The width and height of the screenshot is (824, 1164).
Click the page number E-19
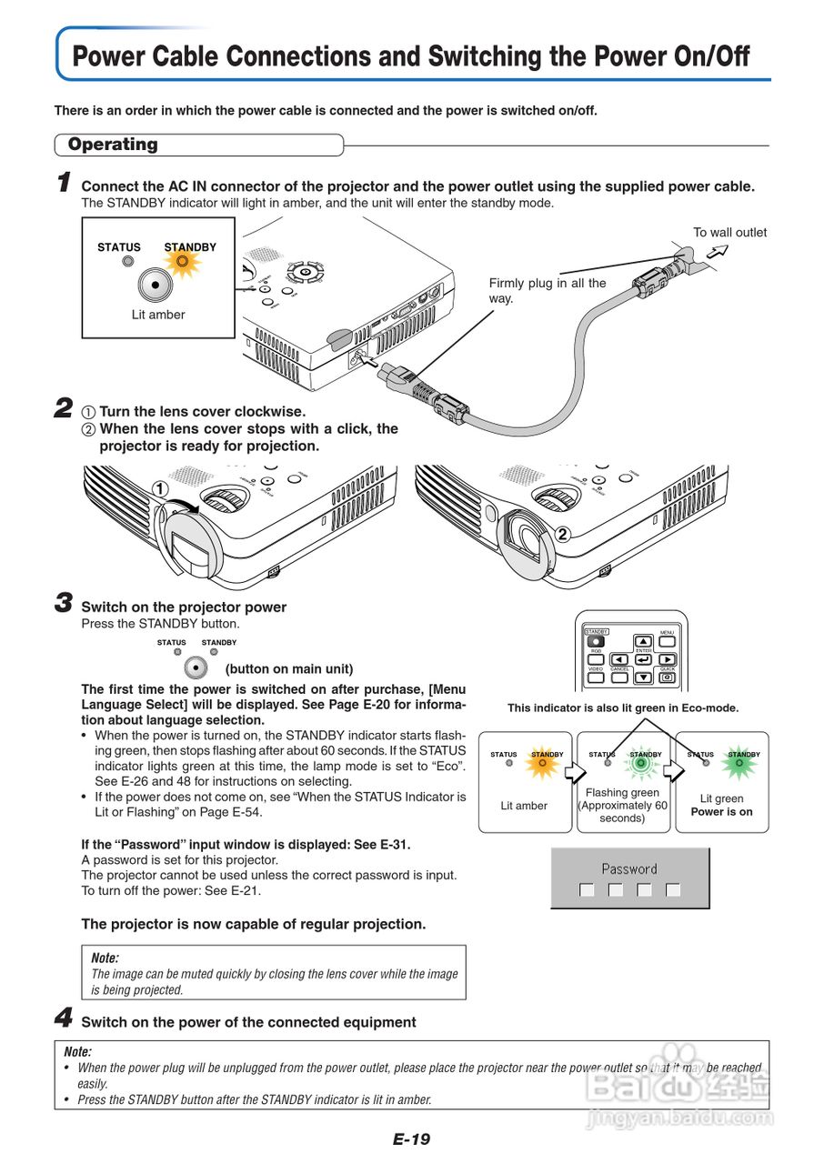411,1139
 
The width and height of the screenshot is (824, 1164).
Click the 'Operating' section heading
113,145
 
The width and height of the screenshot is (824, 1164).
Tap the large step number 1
64,184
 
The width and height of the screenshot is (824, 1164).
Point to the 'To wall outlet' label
729,233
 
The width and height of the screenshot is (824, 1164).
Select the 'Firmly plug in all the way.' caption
547,290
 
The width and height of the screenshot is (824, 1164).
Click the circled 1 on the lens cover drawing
160,488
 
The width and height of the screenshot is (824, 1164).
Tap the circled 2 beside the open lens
562,535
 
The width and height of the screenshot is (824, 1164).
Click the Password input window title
629,869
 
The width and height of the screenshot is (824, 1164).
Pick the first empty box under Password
587,890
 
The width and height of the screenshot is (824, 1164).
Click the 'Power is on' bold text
721,812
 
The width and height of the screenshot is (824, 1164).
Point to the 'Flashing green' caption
622,793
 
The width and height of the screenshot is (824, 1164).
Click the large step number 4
64,1019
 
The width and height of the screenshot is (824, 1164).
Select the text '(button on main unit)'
289,669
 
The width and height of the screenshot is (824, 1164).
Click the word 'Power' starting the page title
109,57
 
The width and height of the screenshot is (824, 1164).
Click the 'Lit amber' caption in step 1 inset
157,315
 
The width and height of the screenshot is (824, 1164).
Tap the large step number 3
64,604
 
